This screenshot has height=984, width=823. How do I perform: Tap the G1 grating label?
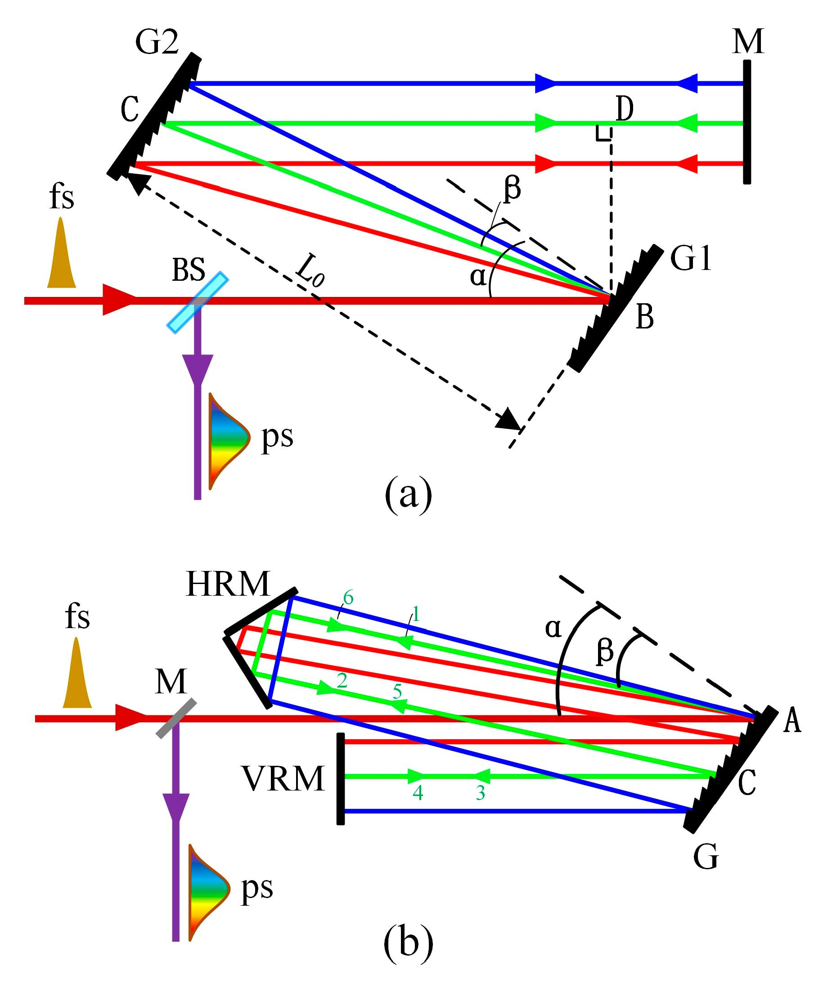pos(691,258)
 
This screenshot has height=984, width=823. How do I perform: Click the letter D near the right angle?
pos(625,109)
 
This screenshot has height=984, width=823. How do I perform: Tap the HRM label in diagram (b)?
pos(228,584)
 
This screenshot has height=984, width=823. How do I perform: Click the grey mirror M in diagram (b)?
pos(176,719)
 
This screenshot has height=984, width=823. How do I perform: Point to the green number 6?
pos(348,598)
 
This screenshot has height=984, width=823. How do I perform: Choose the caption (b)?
pos(408,945)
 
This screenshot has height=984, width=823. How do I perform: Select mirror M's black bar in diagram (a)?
pos(747,122)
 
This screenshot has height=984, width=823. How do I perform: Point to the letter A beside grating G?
pos(792,721)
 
